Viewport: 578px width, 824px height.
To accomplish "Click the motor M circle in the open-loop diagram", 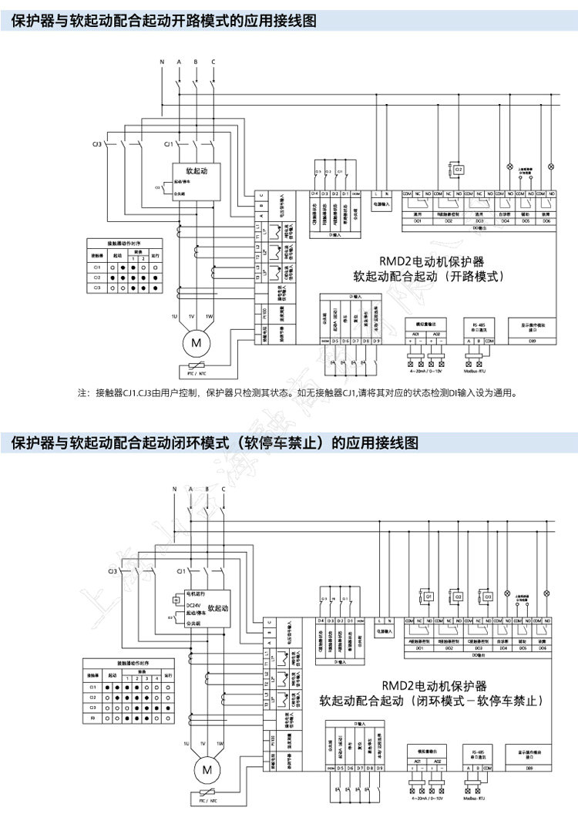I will pyautogui.click(x=195, y=341).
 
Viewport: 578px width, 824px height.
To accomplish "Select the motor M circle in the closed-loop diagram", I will pyautogui.click(x=206, y=769).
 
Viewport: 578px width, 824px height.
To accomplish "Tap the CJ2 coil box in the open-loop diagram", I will pyautogui.click(x=458, y=168).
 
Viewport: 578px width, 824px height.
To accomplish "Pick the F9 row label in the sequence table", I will pyautogui.click(x=93, y=718).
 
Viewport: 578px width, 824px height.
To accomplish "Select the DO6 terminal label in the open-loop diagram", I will pyautogui.click(x=546, y=221).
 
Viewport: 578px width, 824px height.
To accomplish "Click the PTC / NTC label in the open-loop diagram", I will pyautogui.click(x=191, y=374).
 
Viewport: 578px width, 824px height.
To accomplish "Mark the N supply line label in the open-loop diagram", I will pyautogui.click(x=162, y=61).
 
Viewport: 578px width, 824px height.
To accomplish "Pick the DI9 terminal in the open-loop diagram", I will pyautogui.click(x=376, y=340).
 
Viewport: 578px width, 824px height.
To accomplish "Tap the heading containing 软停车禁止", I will pyautogui.click(x=214, y=443).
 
